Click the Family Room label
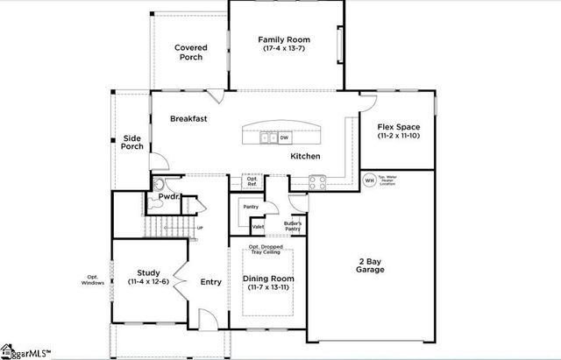283,45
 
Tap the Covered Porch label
188,52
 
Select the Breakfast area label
188,118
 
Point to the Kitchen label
305,156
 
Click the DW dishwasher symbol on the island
285,138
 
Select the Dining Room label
267,283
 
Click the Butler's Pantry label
293,226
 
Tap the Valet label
258,226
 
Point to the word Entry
210,282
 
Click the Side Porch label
132,142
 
